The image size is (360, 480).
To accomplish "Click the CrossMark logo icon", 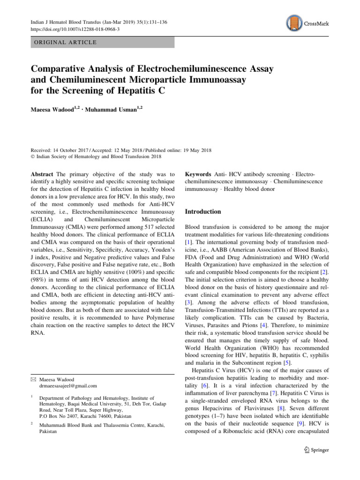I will [293, 22].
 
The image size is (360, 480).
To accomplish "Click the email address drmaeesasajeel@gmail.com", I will [68, 386].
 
